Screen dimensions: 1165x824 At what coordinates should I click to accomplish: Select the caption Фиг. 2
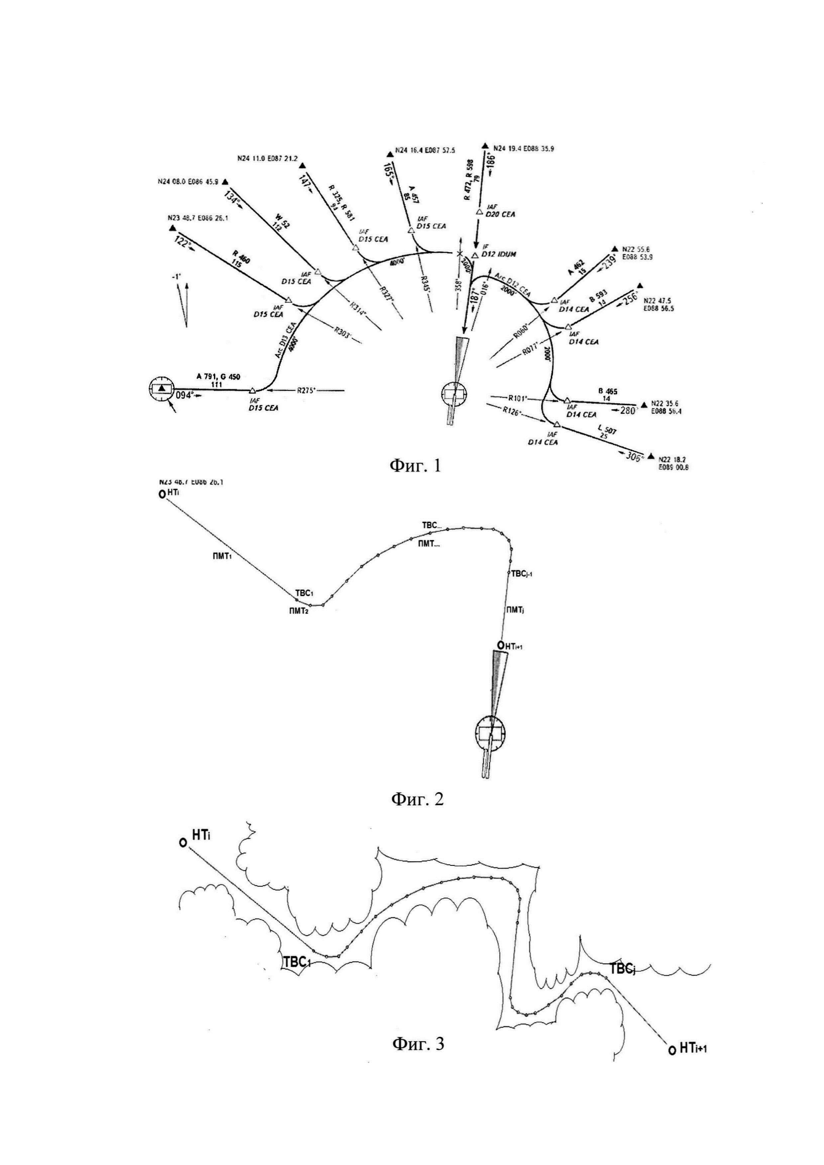click(x=417, y=799)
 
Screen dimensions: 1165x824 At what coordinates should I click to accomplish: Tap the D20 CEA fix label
click(x=500, y=214)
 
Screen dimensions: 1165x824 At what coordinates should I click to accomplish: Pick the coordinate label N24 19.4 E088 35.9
click(x=524, y=149)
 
